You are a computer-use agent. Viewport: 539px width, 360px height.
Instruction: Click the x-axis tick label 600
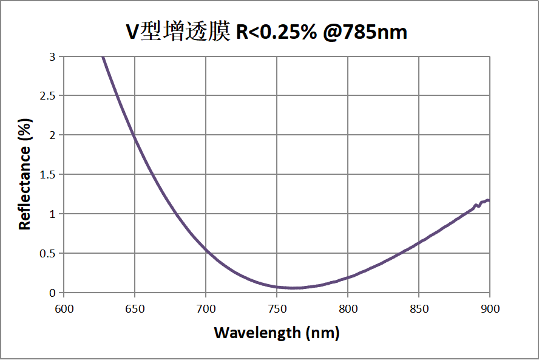tap(64, 309)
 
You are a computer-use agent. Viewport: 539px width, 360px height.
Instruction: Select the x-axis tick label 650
tap(135, 309)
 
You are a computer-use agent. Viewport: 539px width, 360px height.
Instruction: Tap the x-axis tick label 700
tap(206, 309)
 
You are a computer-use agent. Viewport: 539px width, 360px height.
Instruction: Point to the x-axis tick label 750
tap(277, 309)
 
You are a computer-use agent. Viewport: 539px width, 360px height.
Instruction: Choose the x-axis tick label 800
tap(348, 309)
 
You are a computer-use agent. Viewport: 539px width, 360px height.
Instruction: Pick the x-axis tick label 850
tap(419, 309)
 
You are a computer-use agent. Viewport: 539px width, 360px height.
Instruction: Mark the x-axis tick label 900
tap(489, 309)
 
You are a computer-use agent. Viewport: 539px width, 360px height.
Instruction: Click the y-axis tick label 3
tap(52, 56)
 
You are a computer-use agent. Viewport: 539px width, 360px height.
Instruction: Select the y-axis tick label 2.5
tap(47, 96)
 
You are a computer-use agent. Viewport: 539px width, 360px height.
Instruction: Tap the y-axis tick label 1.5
tap(47, 175)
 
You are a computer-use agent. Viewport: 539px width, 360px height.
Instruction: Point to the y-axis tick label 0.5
tap(47, 253)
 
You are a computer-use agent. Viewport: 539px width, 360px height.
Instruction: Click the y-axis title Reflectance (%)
tap(24, 174)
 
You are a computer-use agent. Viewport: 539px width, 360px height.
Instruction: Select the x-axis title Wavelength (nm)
tap(276, 333)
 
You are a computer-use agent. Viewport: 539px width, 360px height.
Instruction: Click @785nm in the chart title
tap(364, 32)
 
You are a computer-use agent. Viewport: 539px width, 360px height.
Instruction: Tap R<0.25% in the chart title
tap(276, 32)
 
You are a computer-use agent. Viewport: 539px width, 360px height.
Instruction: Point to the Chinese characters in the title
tap(185, 32)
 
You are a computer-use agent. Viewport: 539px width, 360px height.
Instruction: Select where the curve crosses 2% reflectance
tap(134, 135)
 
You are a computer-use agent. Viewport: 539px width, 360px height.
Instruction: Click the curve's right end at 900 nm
tap(489, 200)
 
